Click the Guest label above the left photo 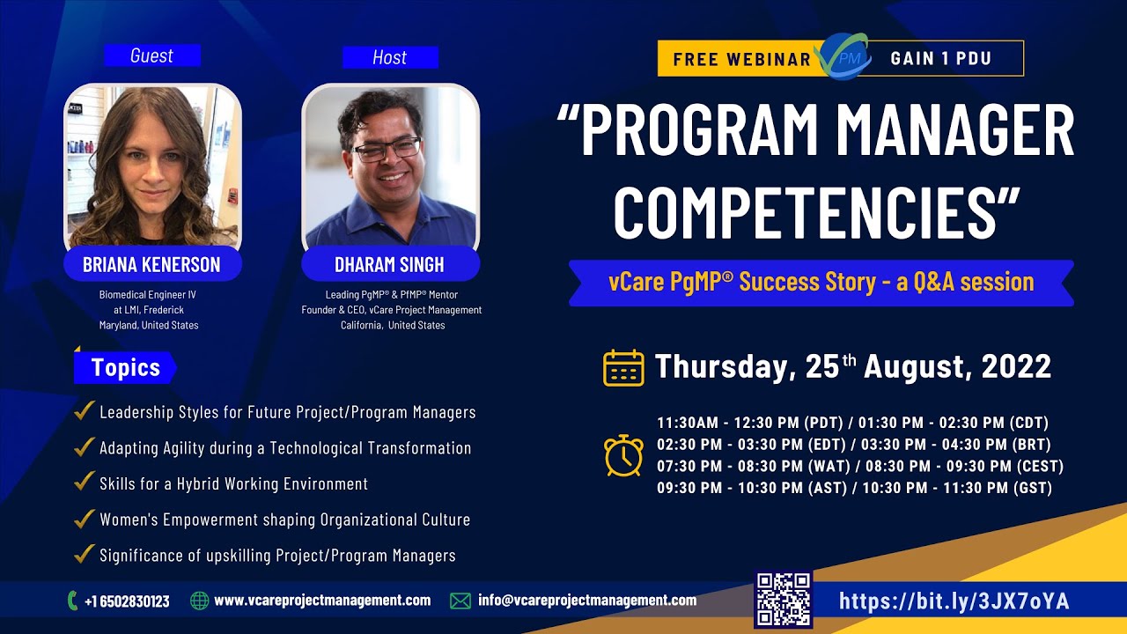(x=151, y=55)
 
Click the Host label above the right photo (x=389, y=57)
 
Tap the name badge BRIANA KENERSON (x=151, y=264)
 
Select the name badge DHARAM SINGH (x=389, y=264)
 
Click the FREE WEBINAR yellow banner (x=741, y=59)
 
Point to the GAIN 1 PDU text (x=940, y=59)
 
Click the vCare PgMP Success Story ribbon (x=821, y=283)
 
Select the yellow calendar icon (x=623, y=367)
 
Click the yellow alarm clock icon (x=623, y=455)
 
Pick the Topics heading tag (x=125, y=367)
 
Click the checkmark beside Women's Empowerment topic (x=85, y=519)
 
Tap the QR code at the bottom (x=783, y=600)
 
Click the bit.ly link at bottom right (x=954, y=601)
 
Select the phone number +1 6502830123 (x=127, y=601)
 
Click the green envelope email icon (x=460, y=601)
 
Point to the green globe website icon (x=200, y=601)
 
